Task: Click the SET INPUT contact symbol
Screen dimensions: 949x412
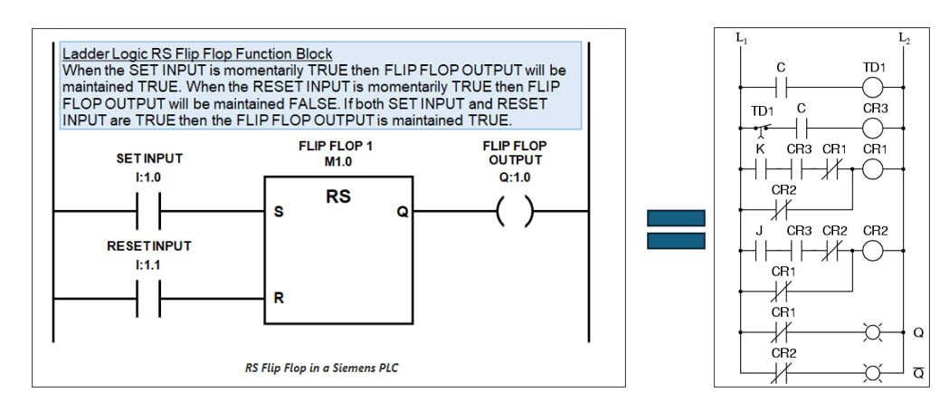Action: click(148, 212)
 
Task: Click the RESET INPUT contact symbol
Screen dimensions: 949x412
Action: click(148, 299)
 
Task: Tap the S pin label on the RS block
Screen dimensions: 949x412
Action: click(279, 213)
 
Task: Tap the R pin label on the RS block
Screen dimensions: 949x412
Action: click(279, 298)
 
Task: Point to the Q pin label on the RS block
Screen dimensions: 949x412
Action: click(403, 212)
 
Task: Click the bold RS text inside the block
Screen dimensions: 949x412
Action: click(338, 196)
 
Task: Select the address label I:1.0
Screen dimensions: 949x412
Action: click(149, 178)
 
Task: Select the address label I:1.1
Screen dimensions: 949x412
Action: click(149, 265)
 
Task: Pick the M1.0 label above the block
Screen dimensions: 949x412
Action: click(337, 162)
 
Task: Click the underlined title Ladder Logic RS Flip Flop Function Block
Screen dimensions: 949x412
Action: click(198, 53)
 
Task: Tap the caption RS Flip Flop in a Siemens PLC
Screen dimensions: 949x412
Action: click(321, 368)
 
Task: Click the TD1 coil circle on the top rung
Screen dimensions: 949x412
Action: click(873, 88)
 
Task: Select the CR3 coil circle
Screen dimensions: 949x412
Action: click(873, 129)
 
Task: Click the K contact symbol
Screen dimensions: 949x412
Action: click(760, 169)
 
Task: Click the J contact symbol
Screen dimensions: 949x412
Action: click(760, 251)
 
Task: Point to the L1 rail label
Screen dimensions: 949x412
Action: click(741, 37)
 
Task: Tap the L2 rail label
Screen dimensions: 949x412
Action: click(904, 37)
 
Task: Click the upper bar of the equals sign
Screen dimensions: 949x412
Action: click(676, 218)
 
